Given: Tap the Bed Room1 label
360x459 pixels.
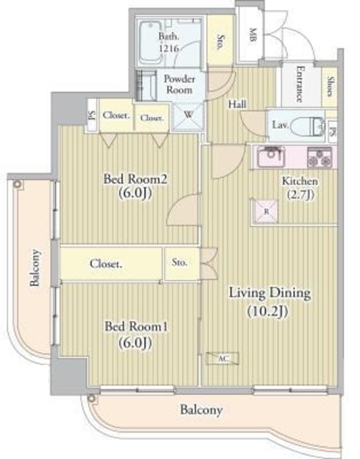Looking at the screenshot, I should pos(136,333).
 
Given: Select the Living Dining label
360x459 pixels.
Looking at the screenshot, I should pos(269,301).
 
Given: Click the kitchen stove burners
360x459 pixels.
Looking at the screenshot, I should pos(319,156).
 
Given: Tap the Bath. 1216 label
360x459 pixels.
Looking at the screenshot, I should pos(169,41).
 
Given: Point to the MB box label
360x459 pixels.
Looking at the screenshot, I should pos(253,34).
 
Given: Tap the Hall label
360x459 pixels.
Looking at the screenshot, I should pos(237,105).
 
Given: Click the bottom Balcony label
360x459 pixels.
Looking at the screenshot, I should pos(201,411).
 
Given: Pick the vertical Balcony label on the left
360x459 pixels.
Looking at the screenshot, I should pos(34,268).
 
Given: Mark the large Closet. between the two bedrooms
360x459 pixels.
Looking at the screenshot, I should pos(106,264).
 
